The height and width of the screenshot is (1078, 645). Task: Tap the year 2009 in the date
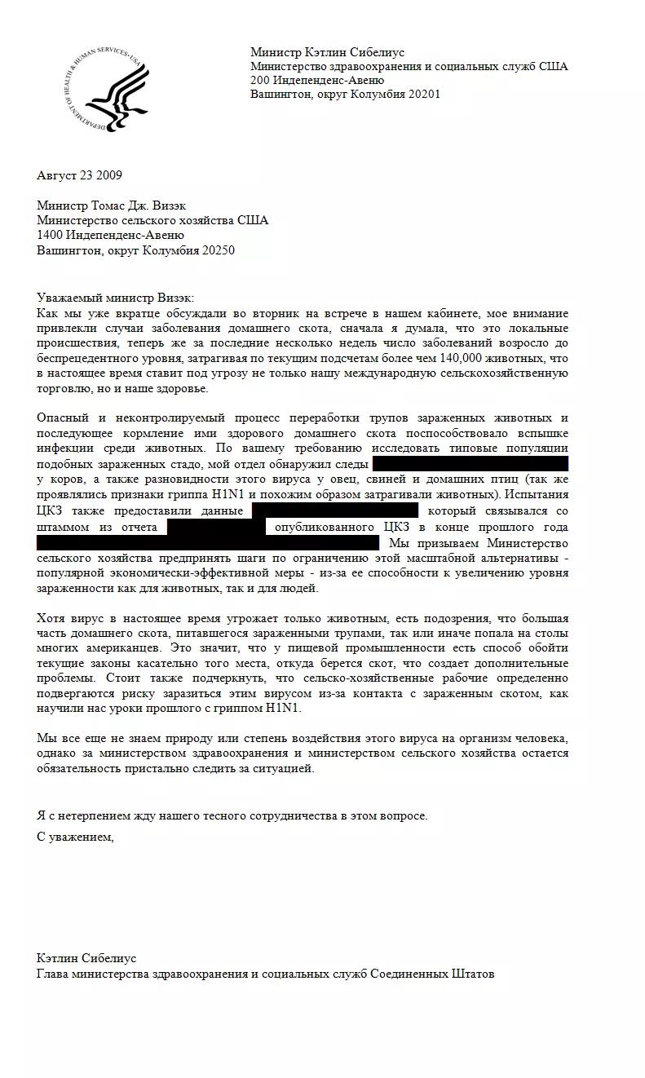(108, 175)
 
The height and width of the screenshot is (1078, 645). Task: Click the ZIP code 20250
(219, 250)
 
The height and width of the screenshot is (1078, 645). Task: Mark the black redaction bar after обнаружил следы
(470, 465)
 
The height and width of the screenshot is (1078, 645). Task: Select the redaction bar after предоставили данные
(335, 510)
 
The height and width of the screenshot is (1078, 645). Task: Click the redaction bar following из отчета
(216, 527)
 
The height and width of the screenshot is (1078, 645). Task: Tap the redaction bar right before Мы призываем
(208, 543)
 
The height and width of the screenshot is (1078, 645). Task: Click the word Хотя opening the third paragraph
(52, 617)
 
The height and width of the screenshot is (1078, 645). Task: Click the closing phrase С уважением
(76, 837)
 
